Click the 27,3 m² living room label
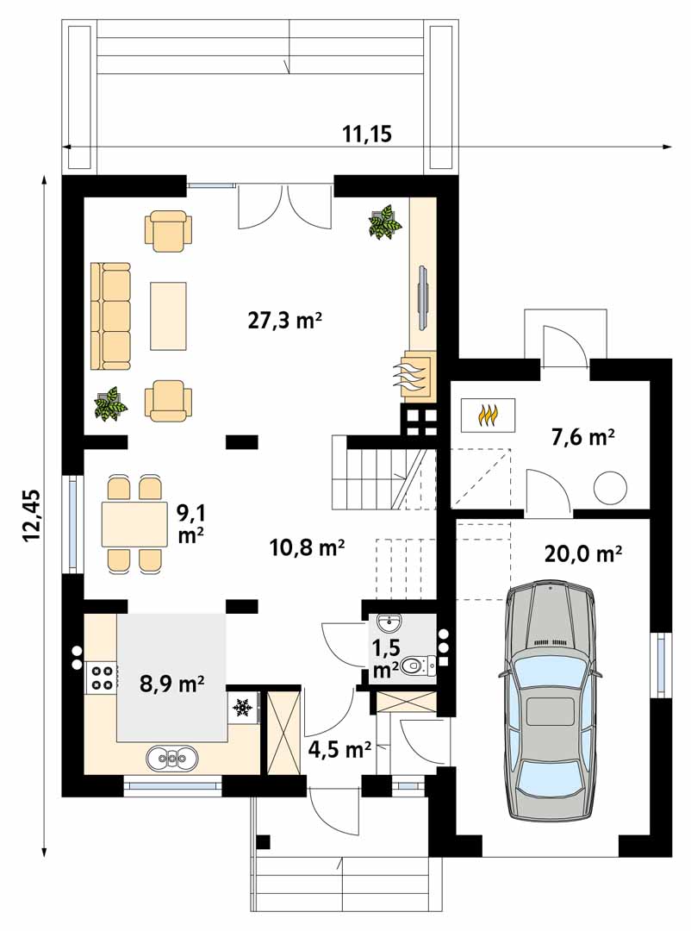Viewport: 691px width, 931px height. tap(285, 321)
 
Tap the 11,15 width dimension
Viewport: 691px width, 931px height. tap(367, 134)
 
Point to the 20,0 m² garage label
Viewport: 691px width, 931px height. tap(583, 553)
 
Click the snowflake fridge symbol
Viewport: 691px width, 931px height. tap(240, 707)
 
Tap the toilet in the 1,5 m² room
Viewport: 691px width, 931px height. tap(418, 666)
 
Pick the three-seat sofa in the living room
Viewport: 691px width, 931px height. tap(110, 316)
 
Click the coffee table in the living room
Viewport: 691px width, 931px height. tap(169, 316)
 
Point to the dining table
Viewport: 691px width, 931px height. tap(134, 524)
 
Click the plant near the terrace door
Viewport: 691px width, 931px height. tap(384, 222)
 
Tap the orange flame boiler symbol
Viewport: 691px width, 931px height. tap(488, 414)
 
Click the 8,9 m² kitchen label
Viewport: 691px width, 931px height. tap(172, 684)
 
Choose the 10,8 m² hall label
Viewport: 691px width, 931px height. tap(307, 547)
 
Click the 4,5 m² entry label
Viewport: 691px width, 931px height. tap(340, 749)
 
